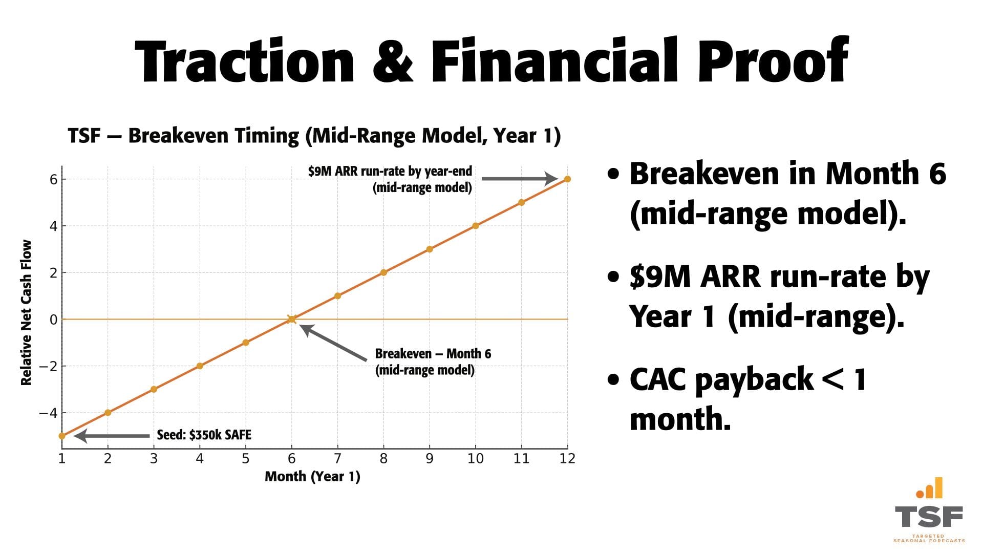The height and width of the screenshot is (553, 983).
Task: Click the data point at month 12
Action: [x=567, y=179]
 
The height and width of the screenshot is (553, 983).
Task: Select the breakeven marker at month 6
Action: [x=291, y=319]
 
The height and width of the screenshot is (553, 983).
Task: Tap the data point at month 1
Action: [x=62, y=436]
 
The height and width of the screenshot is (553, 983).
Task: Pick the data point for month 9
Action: [x=430, y=249]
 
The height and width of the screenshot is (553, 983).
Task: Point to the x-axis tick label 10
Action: [x=475, y=459]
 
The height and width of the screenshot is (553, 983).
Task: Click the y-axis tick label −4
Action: [x=49, y=413]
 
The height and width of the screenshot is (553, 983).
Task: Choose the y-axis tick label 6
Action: [x=53, y=179]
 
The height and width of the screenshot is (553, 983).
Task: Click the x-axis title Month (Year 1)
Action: [x=312, y=477]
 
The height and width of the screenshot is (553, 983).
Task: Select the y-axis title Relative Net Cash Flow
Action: [x=26, y=312]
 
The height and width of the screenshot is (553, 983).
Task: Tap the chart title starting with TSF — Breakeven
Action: [x=314, y=136]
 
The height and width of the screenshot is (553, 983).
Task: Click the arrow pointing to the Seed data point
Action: [x=112, y=436]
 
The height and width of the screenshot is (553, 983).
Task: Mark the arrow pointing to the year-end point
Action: [x=519, y=179]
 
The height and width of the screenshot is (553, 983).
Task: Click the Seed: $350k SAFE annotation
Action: [x=204, y=435]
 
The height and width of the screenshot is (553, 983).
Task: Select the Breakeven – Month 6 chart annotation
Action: [x=433, y=361]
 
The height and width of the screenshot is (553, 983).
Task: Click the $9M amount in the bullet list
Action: [x=660, y=277]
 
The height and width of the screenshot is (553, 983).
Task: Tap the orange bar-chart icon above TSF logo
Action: [x=929, y=488]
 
